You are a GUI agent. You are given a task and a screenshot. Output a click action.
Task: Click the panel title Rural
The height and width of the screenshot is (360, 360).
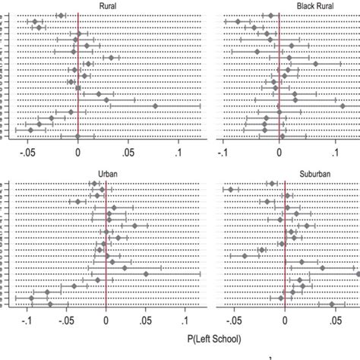point(108,7)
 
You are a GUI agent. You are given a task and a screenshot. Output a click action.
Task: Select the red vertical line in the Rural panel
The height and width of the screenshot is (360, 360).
point(77,76)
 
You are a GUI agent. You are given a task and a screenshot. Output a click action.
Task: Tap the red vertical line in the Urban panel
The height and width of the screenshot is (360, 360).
point(106,243)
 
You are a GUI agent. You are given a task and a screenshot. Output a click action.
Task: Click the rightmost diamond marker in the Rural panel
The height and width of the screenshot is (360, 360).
point(154,106)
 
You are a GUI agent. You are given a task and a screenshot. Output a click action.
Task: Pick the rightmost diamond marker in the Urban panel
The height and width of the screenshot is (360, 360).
point(146,273)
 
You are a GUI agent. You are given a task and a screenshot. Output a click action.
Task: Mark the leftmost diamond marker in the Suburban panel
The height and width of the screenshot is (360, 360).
point(230,190)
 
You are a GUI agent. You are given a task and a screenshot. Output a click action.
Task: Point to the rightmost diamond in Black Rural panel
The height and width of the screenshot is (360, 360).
point(315,64)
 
